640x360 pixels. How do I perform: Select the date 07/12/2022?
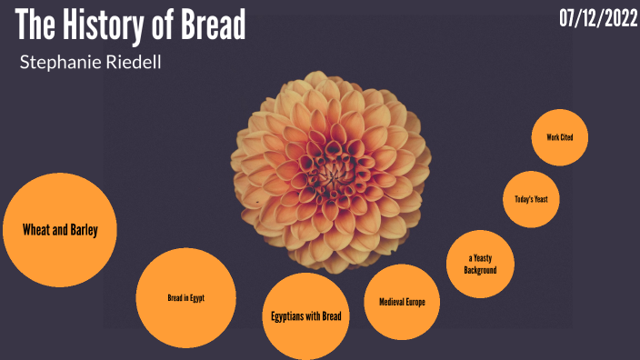click(x=598, y=19)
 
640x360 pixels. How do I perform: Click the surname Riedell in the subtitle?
click(x=133, y=63)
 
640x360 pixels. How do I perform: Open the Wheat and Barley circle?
click(x=60, y=230)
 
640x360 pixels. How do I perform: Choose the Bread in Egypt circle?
click(x=185, y=297)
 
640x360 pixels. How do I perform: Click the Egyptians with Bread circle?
click(x=305, y=315)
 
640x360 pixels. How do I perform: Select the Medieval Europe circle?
click(x=402, y=302)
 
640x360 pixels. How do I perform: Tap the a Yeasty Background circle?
click(x=479, y=264)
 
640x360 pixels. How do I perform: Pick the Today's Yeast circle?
click(x=531, y=198)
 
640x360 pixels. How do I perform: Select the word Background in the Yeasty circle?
click(x=479, y=270)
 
